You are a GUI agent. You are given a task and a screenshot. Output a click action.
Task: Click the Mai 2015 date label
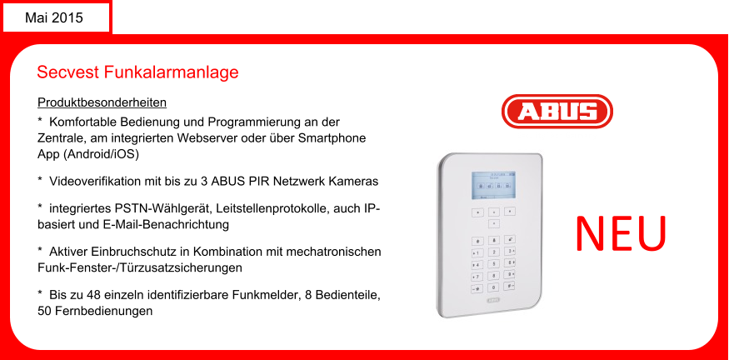[54, 17]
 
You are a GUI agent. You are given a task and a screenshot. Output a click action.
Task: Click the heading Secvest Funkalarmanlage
[137, 72]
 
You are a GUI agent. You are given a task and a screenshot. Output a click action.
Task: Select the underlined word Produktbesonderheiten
[102, 102]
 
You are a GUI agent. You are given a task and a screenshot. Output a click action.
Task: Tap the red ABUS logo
[557, 112]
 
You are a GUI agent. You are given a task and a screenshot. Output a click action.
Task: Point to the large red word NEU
[622, 232]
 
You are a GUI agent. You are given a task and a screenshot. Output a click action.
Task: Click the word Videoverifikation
[95, 181]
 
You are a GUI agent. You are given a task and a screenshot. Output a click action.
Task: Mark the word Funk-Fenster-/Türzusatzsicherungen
[140, 267]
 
